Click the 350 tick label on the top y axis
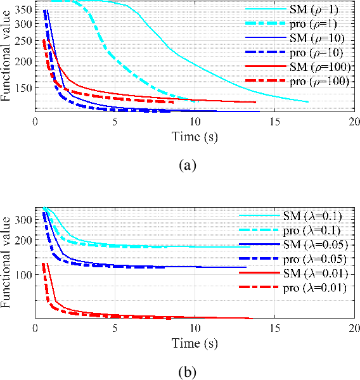point(23,11)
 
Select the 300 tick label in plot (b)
point(23,220)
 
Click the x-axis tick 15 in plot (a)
point(274,121)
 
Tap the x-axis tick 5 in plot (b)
point(115,329)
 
